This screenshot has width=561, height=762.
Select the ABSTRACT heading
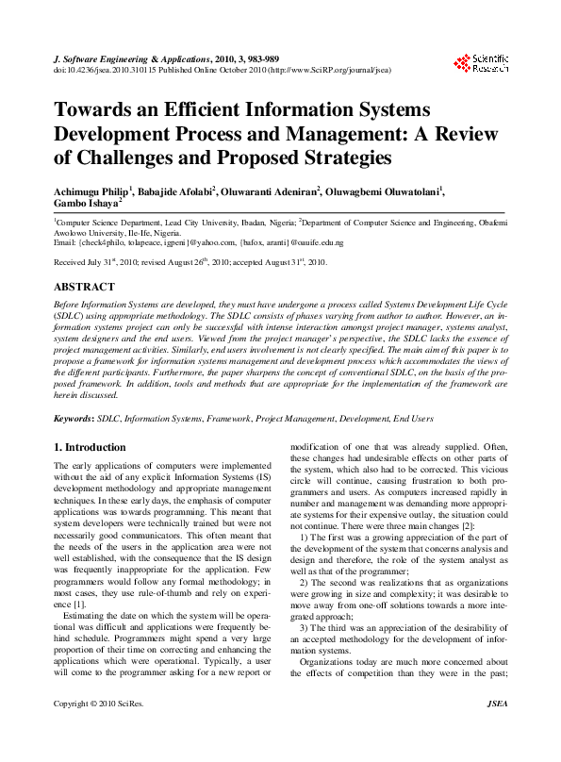pos(85,285)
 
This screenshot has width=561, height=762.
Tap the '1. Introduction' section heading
pos(90,447)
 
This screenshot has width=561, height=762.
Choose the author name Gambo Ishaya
pos(85,203)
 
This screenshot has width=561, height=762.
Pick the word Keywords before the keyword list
pos(73,417)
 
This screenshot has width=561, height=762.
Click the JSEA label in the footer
pos(496,730)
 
